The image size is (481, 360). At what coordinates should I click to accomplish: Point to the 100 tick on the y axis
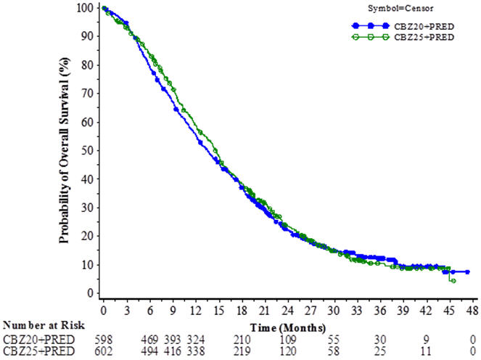click(86, 8)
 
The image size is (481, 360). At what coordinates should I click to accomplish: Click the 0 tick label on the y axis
click(92, 292)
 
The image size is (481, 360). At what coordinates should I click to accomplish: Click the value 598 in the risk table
click(105, 338)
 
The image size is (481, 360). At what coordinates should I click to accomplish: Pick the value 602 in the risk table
click(105, 350)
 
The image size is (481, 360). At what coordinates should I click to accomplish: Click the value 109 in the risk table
click(289, 338)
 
